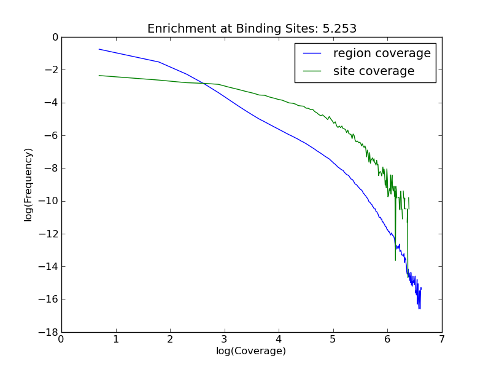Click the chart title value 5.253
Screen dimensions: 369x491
coord(339,29)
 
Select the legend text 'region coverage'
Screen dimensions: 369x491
coord(382,54)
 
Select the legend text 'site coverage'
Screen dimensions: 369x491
coord(374,71)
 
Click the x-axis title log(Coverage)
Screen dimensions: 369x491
coord(251,351)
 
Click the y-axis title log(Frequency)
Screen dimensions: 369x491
coord(28,184)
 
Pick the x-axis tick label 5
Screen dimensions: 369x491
coord(333,338)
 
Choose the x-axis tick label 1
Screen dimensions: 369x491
coord(115,338)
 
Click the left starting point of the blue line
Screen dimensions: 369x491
coord(99,49)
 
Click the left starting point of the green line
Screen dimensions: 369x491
coord(99,76)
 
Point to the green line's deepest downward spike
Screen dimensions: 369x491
coord(395,260)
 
